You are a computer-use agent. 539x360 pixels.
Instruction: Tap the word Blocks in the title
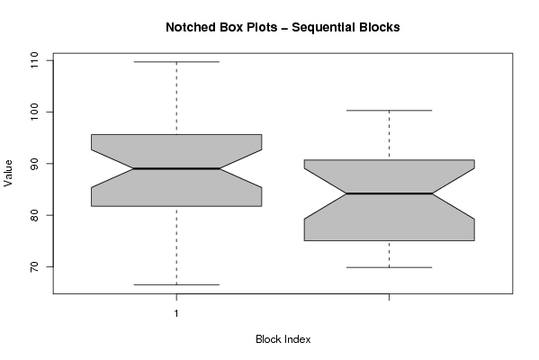pyautogui.click(x=380, y=27)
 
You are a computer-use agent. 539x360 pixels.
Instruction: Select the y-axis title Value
pyautogui.click(x=8, y=174)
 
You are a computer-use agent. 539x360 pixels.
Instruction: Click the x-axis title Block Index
pyautogui.click(x=283, y=339)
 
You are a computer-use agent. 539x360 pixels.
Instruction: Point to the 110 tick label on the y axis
pyautogui.click(x=34, y=60)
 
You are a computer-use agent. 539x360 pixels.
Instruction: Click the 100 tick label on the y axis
pyautogui.click(x=34, y=112)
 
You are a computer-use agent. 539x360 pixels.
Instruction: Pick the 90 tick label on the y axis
pyautogui.click(x=34, y=164)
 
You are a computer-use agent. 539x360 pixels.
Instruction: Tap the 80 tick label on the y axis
pyautogui.click(x=34, y=215)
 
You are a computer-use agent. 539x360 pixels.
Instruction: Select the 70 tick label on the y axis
pyautogui.click(x=34, y=266)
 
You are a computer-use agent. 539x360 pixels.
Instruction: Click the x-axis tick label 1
pyautogui.click(x=176, y=313)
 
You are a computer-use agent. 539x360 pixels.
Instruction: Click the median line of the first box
pyautogui.click(x=176, y=168)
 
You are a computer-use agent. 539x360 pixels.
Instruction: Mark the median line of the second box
pyautogui.click(x=389, y=193)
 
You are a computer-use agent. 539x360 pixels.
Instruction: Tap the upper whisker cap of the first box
pyautogui.click(x=176, y=62)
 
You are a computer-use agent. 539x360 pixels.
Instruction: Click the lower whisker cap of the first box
pyautogui.click(x=176, y=284)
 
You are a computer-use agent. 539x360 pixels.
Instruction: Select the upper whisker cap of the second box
pyautogui.click(x=389, y=111)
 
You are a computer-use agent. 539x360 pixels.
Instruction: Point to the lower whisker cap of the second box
pyautogui.click(x=389, y=267)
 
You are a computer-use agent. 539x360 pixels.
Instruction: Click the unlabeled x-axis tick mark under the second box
pyautogui.click(x=389, y=297)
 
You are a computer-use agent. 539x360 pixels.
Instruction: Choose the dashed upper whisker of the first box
pyautogui.click(x=176, y=98)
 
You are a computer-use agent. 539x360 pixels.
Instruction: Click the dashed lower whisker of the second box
pyautogui.click(x=389, y=254)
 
